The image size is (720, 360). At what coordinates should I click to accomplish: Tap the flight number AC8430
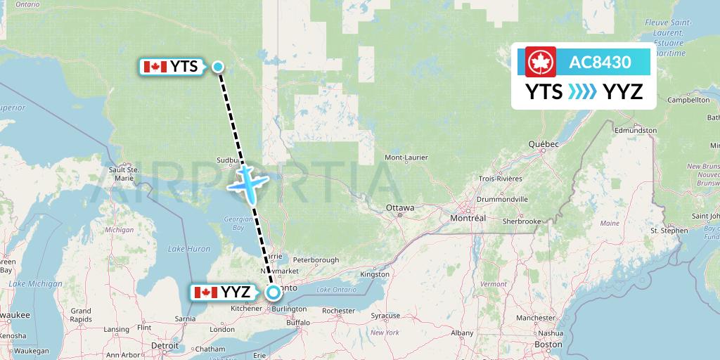point(600,62)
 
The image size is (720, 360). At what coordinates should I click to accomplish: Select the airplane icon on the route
point(245,181)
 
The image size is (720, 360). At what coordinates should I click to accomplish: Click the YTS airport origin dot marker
point(218,67)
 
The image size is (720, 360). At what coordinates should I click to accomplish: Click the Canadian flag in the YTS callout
point(154,67)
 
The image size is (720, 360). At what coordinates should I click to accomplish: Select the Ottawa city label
point(400,208)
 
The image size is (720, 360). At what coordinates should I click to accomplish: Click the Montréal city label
point(468,219)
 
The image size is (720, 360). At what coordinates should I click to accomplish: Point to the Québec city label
point(544,144)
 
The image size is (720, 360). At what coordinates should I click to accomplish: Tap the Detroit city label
point(165,346)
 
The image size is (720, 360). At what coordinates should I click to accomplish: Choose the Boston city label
point(548,345)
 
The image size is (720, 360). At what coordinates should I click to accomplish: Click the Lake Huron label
point(188,249)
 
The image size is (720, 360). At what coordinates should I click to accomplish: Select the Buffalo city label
point(298,323)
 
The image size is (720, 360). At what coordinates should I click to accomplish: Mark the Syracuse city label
point(385,316)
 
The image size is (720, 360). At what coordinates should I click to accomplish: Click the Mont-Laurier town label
point(407,157)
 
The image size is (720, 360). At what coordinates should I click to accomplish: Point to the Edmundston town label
point(635,130)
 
